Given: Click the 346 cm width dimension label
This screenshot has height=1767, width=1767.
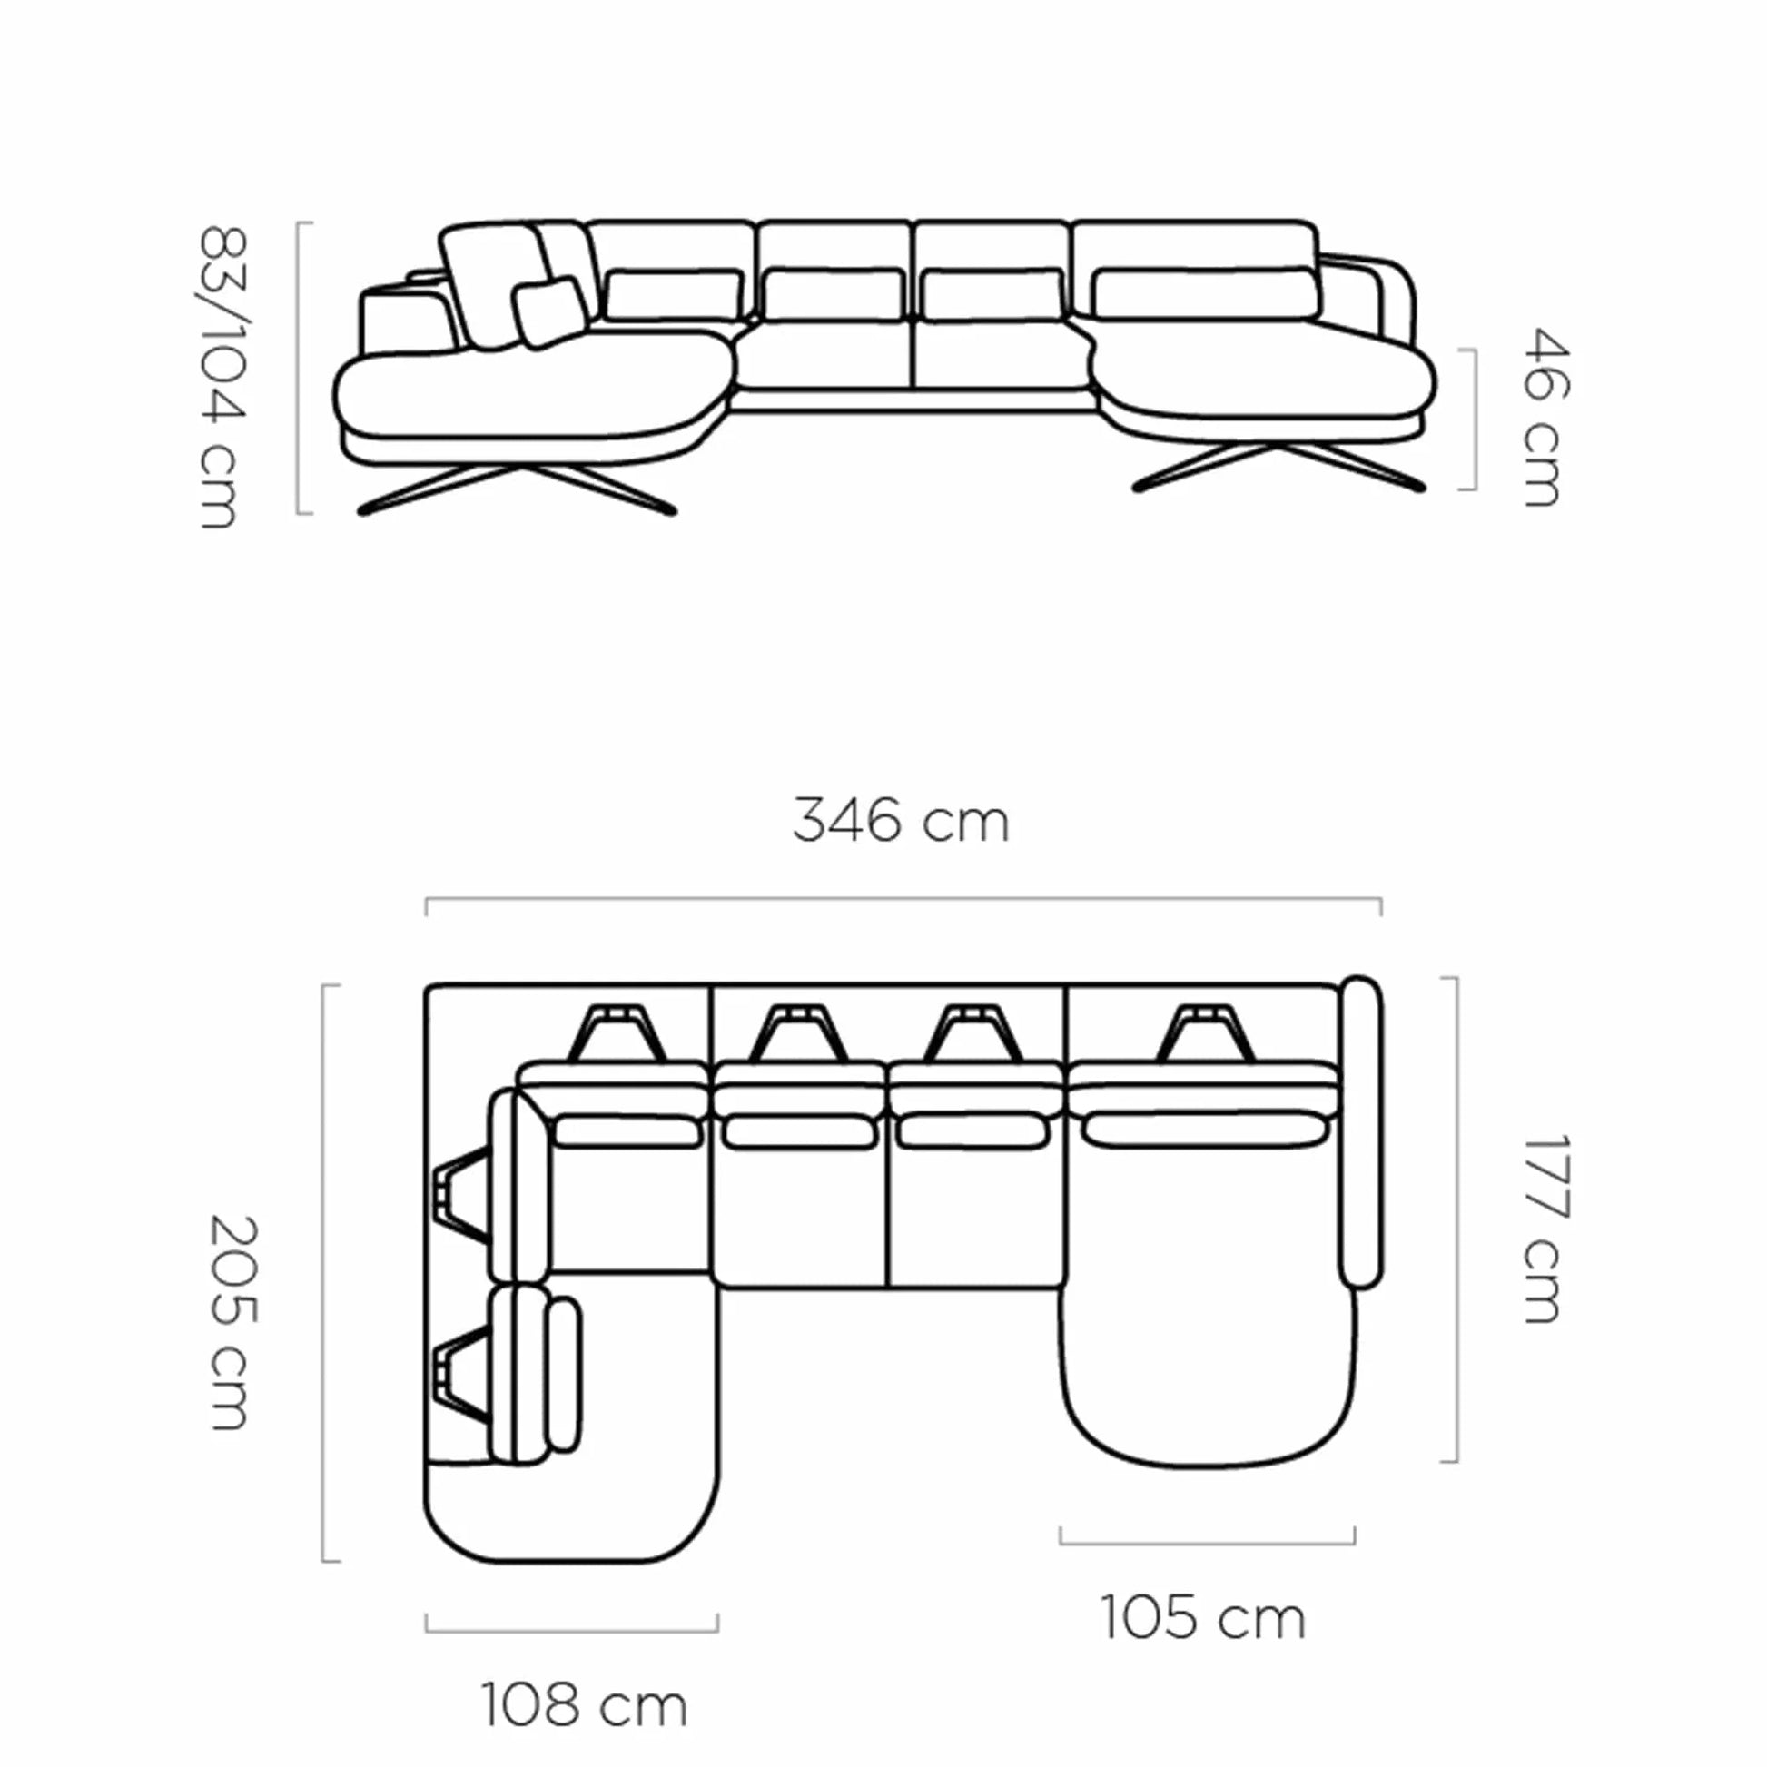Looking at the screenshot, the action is click(901, 821).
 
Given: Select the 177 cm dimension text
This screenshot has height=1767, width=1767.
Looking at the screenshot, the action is click(1547, 1229).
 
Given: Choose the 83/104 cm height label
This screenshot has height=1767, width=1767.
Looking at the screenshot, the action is click(222, 377).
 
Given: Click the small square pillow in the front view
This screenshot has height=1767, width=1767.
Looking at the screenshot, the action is click(549, 311).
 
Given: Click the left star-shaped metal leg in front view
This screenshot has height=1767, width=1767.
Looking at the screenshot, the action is click(518, 490).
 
